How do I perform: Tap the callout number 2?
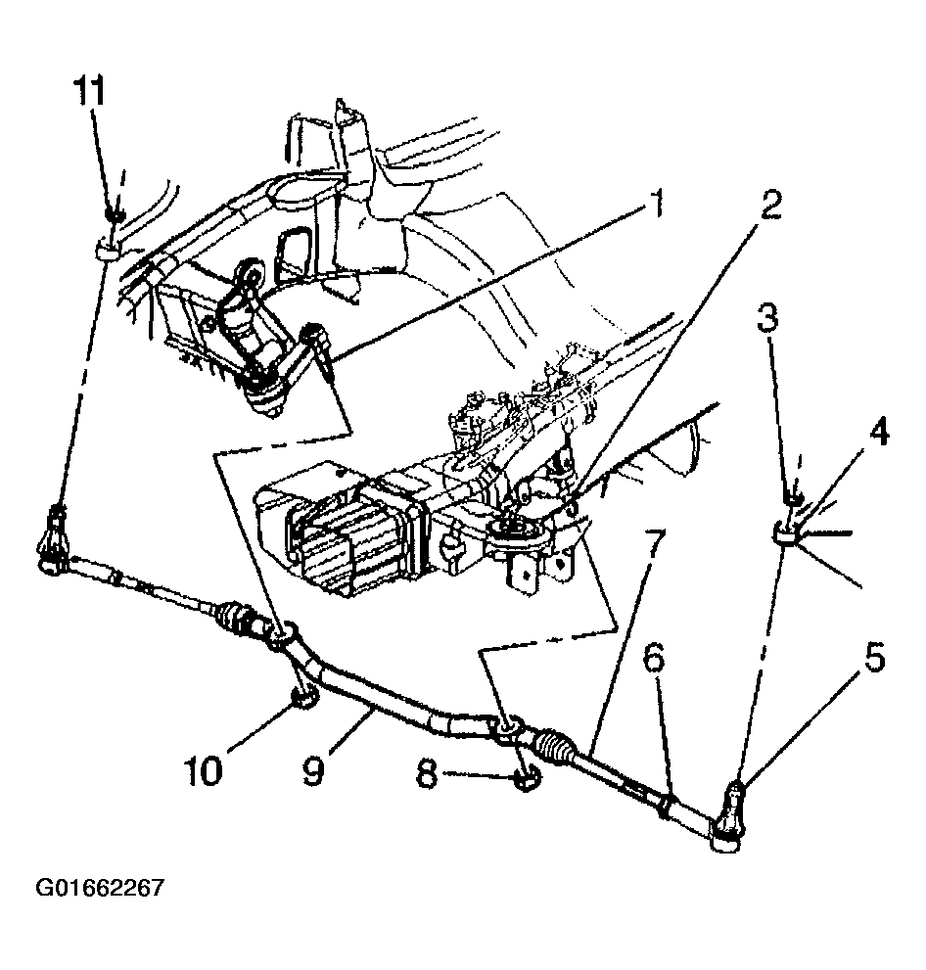point(769,206)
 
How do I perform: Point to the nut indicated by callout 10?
point(304,697)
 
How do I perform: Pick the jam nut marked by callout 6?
point(665,806)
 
